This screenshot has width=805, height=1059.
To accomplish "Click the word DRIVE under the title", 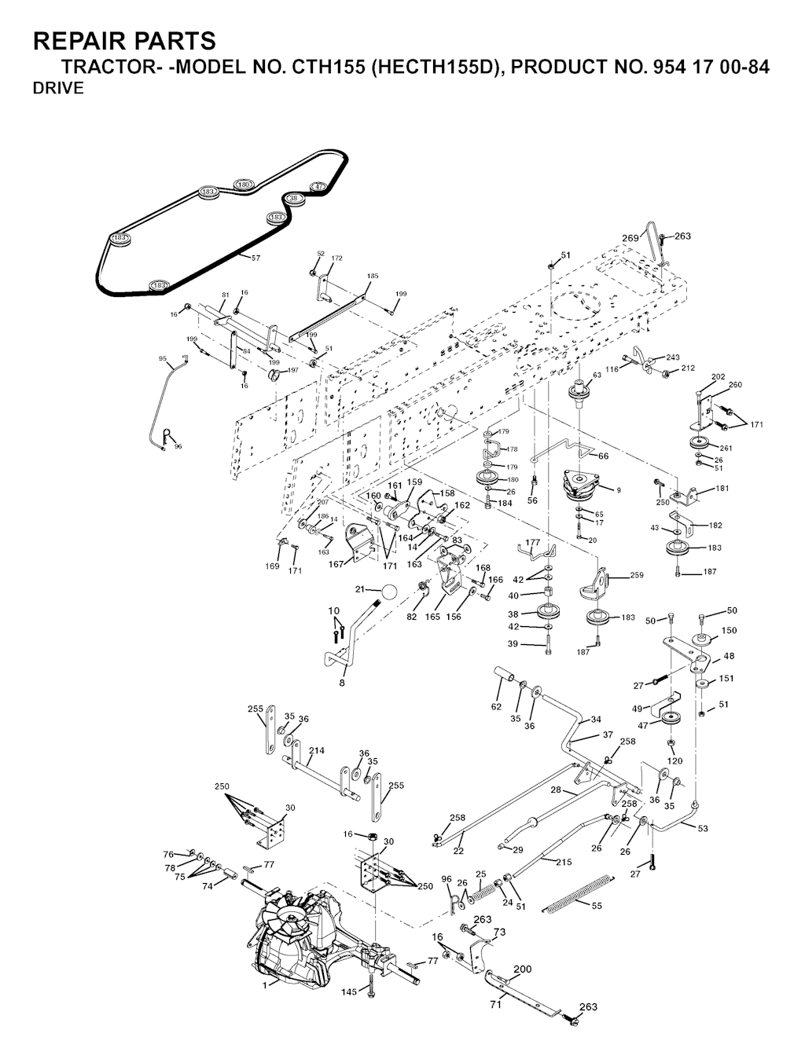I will click(58, 89).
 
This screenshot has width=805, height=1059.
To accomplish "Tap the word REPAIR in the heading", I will click(83, 41).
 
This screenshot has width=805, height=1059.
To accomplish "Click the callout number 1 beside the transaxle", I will click(265, 983).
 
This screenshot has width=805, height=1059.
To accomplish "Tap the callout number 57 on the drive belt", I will click(255, 257).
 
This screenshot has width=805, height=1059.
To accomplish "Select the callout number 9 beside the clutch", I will click(619, 490).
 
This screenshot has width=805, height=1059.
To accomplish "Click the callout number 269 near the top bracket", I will click(630, 238).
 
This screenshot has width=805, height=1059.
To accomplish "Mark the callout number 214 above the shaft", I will click(316, 750).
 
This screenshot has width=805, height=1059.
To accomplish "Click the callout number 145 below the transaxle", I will click(350, 992).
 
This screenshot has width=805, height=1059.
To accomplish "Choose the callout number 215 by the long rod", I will click(564, 862).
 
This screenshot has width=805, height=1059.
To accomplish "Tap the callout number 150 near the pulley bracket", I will click(729, 630).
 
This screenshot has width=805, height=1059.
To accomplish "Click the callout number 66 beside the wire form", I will click(604, 456).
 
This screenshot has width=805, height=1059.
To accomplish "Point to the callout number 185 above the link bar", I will click(373, 276).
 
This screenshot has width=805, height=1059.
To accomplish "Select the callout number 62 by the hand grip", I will click(496, 706).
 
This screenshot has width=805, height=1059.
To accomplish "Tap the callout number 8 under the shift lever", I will click(342, 683).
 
